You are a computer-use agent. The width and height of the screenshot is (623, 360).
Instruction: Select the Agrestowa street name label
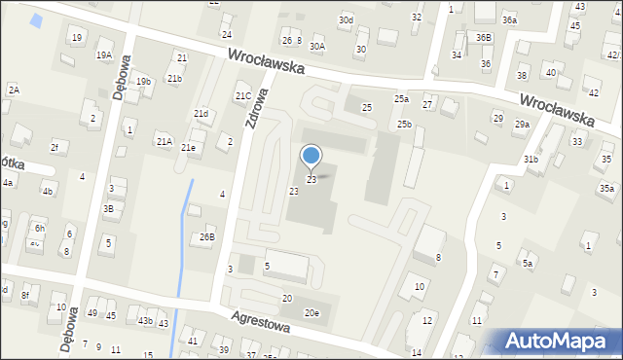[x=261, y=322]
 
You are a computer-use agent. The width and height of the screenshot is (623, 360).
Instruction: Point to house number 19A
[x=103, y=55]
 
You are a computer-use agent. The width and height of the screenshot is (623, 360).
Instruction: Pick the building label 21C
[x=242, y=95]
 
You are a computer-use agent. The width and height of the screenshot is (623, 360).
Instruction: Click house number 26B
[x=207, y=236]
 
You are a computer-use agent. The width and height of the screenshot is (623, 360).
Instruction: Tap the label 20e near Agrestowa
[x=311, y=312]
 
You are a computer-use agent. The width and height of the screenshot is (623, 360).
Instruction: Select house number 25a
[x=401, y=99]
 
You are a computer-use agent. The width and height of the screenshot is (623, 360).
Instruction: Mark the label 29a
[x=522, y=124]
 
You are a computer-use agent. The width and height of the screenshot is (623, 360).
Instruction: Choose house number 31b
[x=531, y=159]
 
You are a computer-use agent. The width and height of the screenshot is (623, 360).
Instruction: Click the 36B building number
[x=484, y=37]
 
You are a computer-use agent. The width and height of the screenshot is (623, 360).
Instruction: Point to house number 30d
[x=346, y=19]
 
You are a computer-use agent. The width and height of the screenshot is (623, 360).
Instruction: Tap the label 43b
[x=145, y=321]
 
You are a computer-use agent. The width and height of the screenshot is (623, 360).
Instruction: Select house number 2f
[x=55, y=148]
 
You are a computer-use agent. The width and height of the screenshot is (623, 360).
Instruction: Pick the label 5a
[x=528, y=263]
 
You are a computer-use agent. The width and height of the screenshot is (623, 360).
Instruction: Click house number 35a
[x=606, y=188]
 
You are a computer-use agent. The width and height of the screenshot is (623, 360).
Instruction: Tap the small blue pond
[x=37, y=19]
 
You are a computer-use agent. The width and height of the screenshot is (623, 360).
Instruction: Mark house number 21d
[x=201, y=114]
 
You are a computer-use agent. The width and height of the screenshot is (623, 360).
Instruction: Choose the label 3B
[x=109, y=208]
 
